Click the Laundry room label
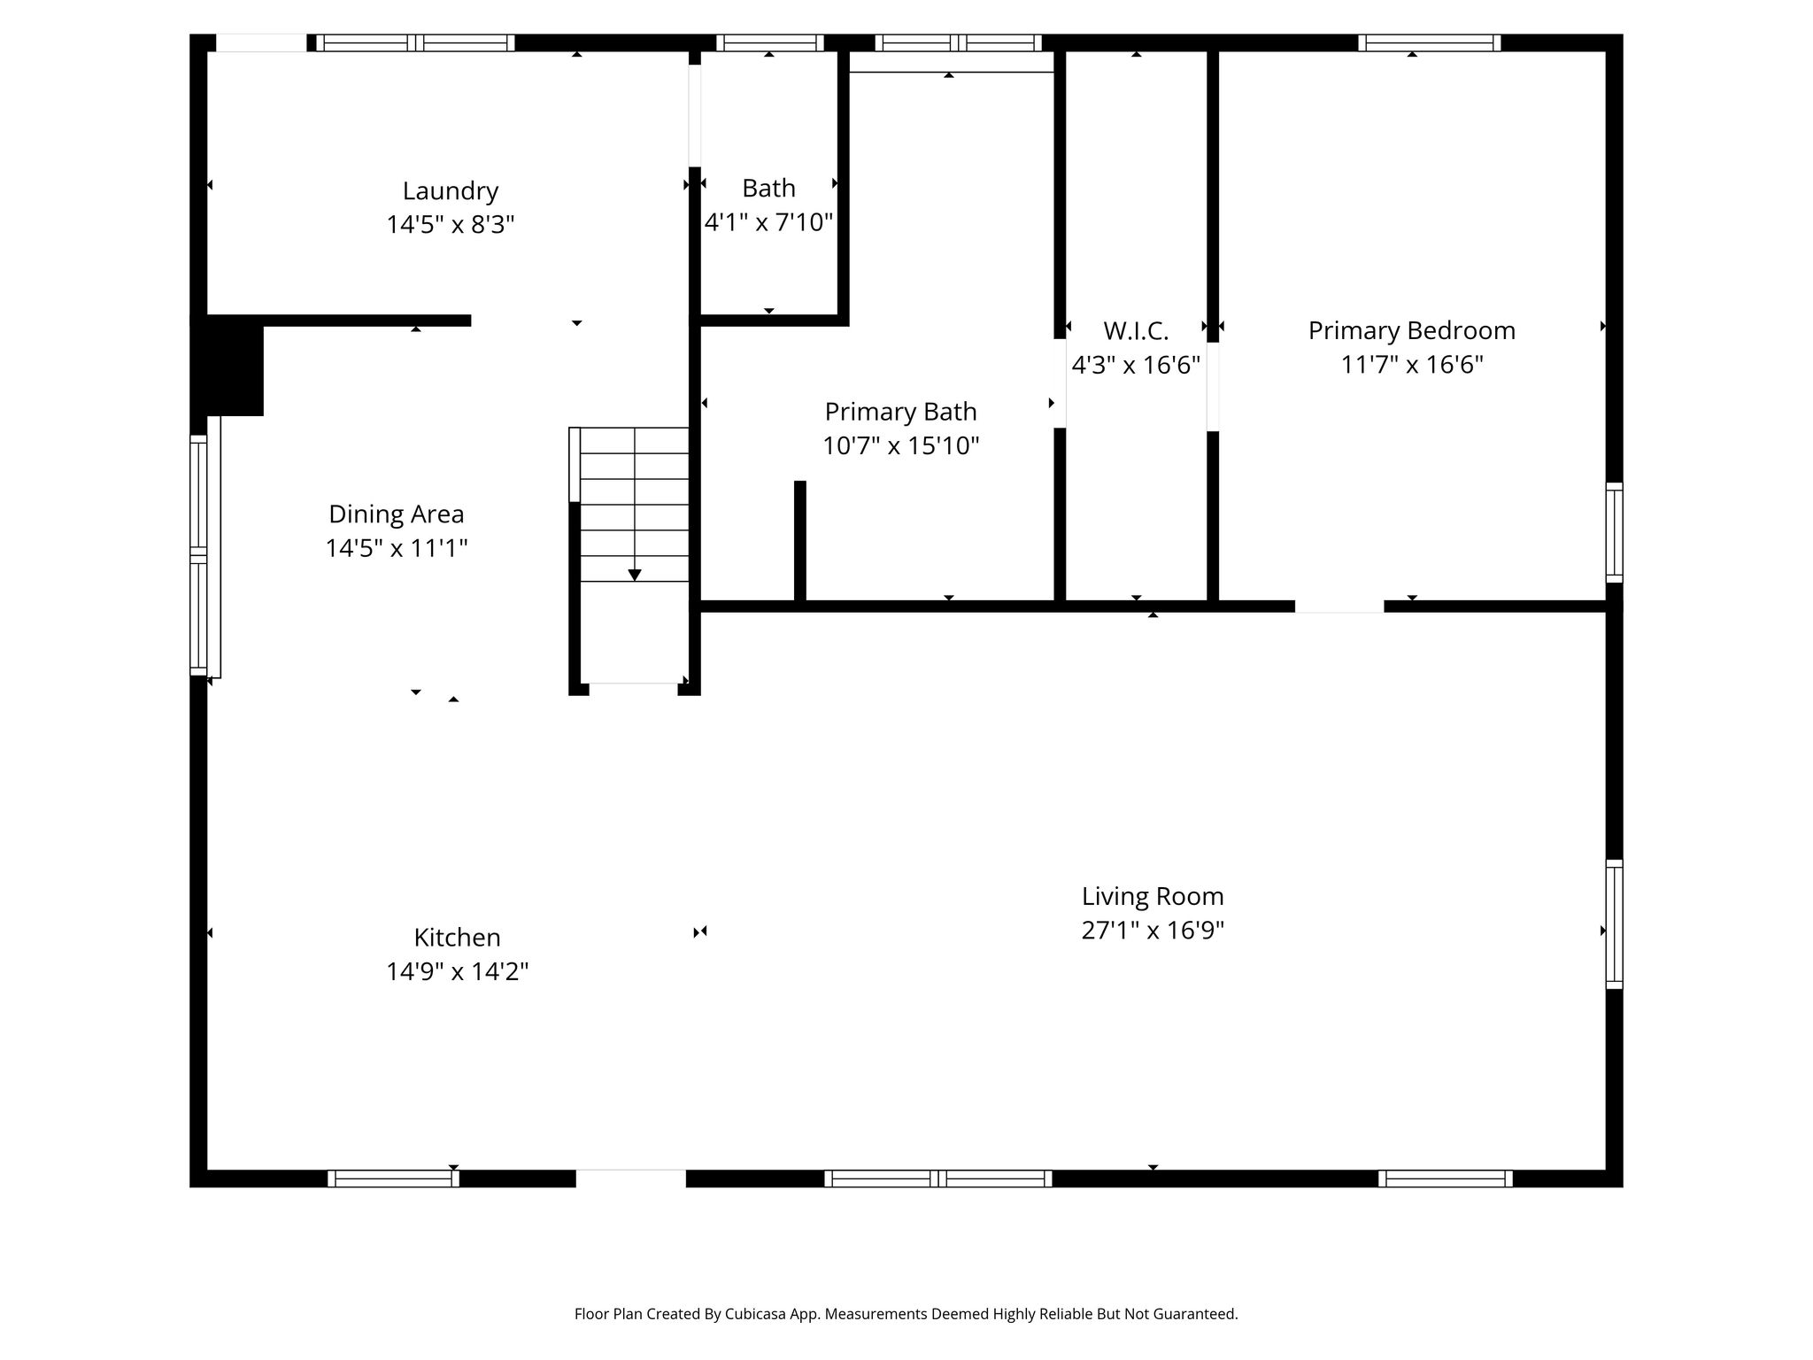coord(451,191)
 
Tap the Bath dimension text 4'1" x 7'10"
coord(768,221)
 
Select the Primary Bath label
coord(901,412)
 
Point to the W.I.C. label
coord(1136,331)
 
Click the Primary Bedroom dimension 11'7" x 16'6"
coord(1412,364)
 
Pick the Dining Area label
coord(397,514)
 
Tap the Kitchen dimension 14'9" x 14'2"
coord(458,971)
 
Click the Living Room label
coord(1153,896)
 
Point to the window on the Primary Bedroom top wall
coord(1430,42)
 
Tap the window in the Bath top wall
coord(770,42)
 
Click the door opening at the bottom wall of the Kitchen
coord(631,1178)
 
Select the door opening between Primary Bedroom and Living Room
coord(1339,607)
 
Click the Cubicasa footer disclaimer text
coord(906,1314)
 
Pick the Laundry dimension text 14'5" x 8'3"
coord(451,224)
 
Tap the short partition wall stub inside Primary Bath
coord(800,541)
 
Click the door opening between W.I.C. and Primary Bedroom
coord(1213,387)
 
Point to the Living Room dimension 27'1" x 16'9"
coord(1153,930)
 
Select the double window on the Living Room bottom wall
coord(938,1178)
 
